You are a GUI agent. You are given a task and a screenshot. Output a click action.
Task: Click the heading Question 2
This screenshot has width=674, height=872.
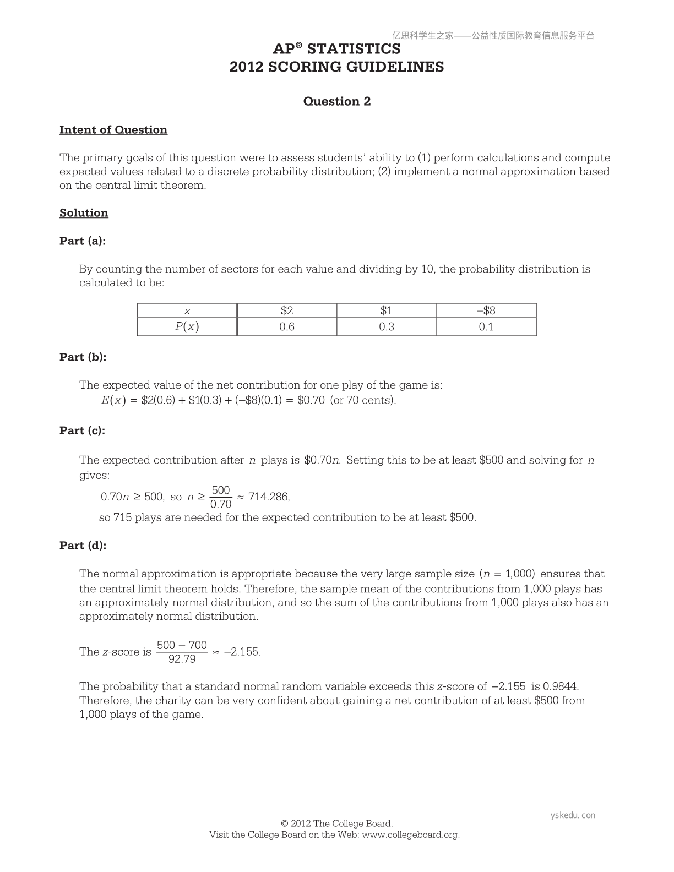click(337, 101)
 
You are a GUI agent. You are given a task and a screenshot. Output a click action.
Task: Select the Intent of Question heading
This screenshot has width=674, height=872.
click(113, 130)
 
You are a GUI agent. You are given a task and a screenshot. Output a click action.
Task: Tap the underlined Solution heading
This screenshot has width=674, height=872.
click(84, 213)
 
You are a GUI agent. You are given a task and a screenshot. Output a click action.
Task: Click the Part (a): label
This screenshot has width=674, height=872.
click(83, 241)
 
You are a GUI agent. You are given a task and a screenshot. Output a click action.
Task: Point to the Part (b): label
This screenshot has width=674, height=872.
click(83, 357)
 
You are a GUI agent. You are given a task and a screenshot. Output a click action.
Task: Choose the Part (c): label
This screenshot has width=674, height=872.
click(83, 431)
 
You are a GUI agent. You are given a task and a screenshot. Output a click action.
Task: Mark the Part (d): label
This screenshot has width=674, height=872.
click(83, 546)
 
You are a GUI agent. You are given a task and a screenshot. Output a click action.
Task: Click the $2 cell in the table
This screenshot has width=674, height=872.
click(287, 310)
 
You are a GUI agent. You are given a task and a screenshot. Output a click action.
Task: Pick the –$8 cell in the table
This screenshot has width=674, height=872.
click(486, 310)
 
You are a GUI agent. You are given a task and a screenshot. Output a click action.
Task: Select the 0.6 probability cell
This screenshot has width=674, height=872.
click(287, 327)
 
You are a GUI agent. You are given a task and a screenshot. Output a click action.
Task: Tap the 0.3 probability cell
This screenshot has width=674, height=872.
click(387, 327)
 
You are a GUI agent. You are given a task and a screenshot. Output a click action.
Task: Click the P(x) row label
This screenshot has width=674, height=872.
click(187, 327)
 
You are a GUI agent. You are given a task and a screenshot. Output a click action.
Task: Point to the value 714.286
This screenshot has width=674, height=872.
click(268, 497)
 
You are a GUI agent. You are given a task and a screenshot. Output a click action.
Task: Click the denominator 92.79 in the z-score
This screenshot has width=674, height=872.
click(182, 659)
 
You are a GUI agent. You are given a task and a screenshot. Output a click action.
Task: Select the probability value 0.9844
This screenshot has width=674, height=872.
click(560, 686)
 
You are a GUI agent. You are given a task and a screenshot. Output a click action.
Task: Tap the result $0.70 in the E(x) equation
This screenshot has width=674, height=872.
click(311, 400)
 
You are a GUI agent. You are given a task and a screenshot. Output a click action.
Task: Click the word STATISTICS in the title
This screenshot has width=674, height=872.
click(354, 50)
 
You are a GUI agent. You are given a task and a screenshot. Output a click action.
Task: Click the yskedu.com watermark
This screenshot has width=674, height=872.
click(573, 815)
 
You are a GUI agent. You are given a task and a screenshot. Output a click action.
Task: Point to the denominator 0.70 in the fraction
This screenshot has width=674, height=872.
click(221, 504)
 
